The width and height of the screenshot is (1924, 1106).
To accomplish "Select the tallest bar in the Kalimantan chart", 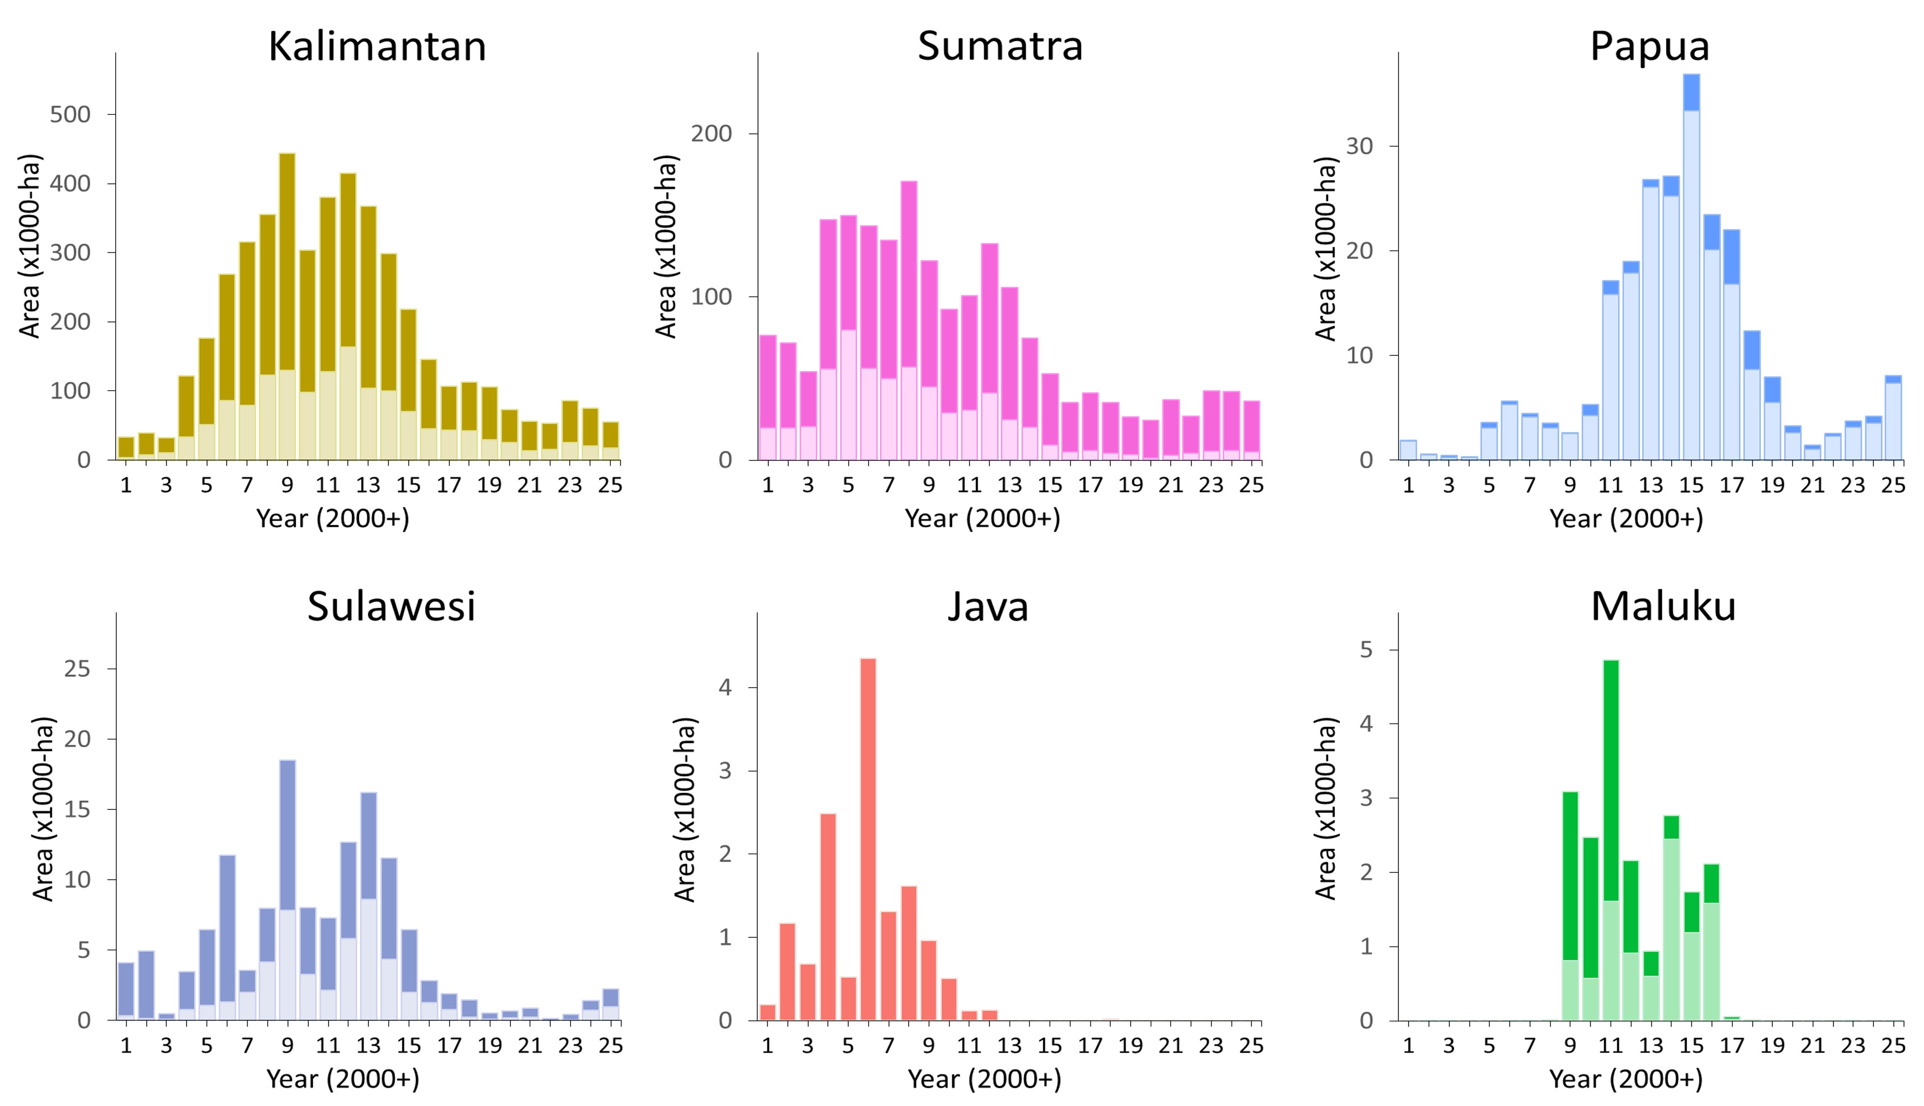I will (287, 304).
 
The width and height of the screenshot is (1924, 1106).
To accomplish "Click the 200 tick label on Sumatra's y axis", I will (711, 134).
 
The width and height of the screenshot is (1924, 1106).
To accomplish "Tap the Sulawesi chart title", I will (391, 606).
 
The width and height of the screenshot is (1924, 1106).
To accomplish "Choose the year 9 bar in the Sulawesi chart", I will (287, 889).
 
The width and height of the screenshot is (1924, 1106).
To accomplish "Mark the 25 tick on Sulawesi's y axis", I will (77, 669).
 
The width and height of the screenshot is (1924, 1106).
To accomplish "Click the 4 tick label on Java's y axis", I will (725, 687).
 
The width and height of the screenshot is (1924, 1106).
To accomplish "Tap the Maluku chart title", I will (1663, 606).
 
